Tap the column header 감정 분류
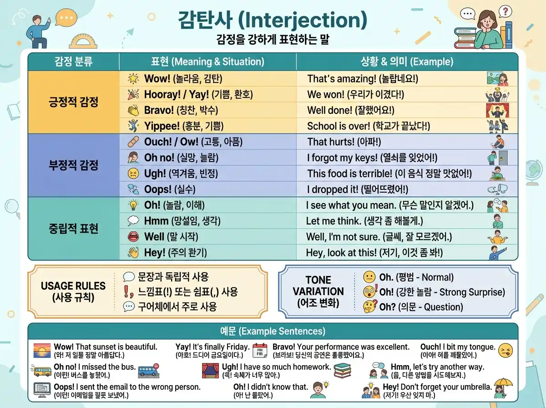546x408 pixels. (73, 61)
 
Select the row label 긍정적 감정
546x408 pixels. (73, 102)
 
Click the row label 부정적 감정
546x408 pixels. (73, 164)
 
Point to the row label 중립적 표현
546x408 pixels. (73, 228)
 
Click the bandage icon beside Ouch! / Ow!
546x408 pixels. (133, 142)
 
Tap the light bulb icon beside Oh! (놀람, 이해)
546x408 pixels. (133, 205)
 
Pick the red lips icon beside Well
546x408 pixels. (133, 237)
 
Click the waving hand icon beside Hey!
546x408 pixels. (133, 252)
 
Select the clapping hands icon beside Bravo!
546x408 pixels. (133, 110)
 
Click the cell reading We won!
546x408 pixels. (355, 94)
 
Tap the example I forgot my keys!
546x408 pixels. (372, 158)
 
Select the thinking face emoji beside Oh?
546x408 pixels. (370, 306)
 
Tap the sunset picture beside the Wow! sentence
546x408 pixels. (42, 351)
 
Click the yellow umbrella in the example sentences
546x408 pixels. (503, 386)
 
